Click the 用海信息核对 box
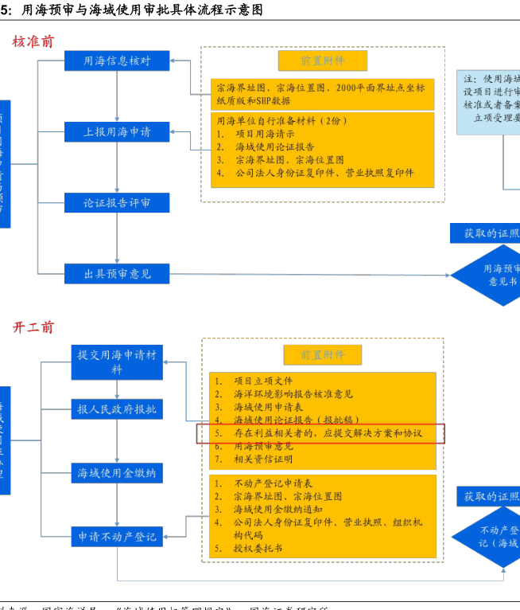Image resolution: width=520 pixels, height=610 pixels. click(117, 61)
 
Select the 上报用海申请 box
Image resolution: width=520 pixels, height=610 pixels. click(117, 131)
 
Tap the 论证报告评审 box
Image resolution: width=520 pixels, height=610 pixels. click(117, 203)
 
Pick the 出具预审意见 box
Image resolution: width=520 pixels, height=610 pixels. click(117, 274)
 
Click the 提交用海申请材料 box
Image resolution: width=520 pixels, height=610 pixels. click(117, 362)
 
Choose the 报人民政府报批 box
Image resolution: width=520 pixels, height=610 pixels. click(117, 409)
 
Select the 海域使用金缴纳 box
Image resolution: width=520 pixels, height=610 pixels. click(117, 473)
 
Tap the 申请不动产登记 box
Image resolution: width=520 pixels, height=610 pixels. click(117, 537)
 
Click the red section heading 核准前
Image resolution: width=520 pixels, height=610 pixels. click(33, 41)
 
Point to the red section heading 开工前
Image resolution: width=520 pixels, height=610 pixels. click(33, 327)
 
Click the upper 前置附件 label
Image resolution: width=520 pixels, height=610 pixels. click(322, 61)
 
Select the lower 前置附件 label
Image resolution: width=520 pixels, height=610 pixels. click(322, 354)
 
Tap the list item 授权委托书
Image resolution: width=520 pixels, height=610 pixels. click(258, 548)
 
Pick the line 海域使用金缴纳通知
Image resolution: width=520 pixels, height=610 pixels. click(277, 509)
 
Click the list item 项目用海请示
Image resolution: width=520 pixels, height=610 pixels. click(263, 134)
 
